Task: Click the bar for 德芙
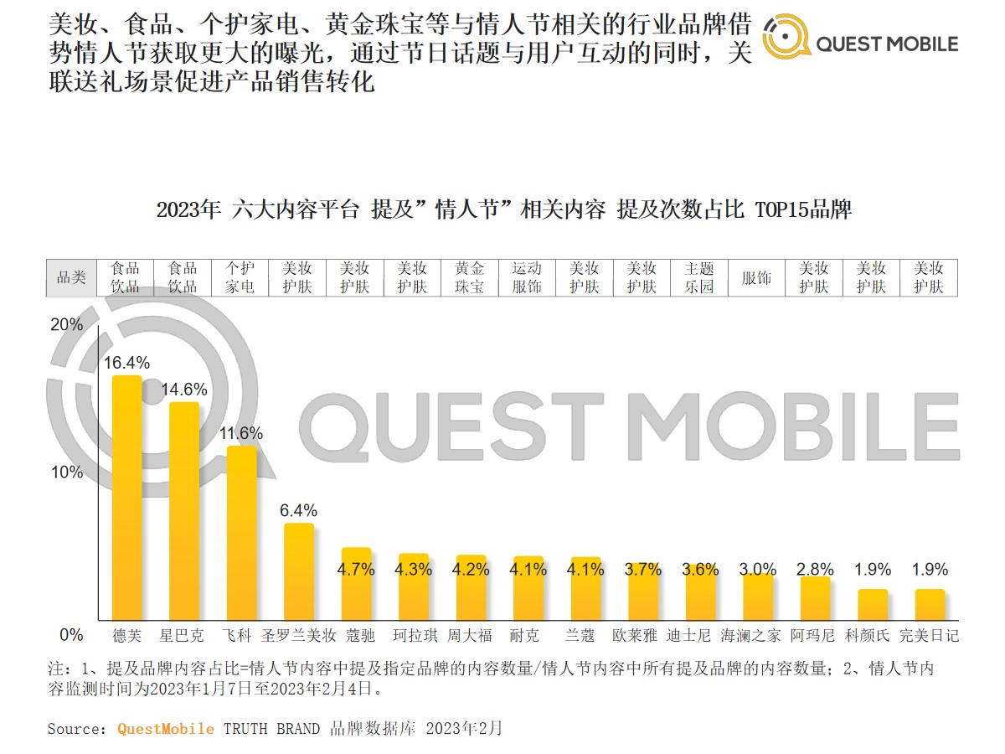(127, 498)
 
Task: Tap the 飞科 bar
(242, 533)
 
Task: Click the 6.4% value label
(299, 510)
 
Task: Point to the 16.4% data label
(127, 363)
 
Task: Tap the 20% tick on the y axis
(68, 325)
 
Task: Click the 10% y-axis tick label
(68, 473)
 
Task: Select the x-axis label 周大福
(470, 635)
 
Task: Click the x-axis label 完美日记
(929, 635)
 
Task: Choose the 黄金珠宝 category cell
(470, 277)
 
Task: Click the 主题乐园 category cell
(699, 277)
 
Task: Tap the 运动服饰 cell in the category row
(527, 277)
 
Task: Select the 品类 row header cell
(71, 277)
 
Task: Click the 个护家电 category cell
(240, 277)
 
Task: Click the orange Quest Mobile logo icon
(786, 39)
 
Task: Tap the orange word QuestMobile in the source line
(165, 729)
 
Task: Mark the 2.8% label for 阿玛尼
(814, 570)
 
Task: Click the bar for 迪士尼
(699, 596)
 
